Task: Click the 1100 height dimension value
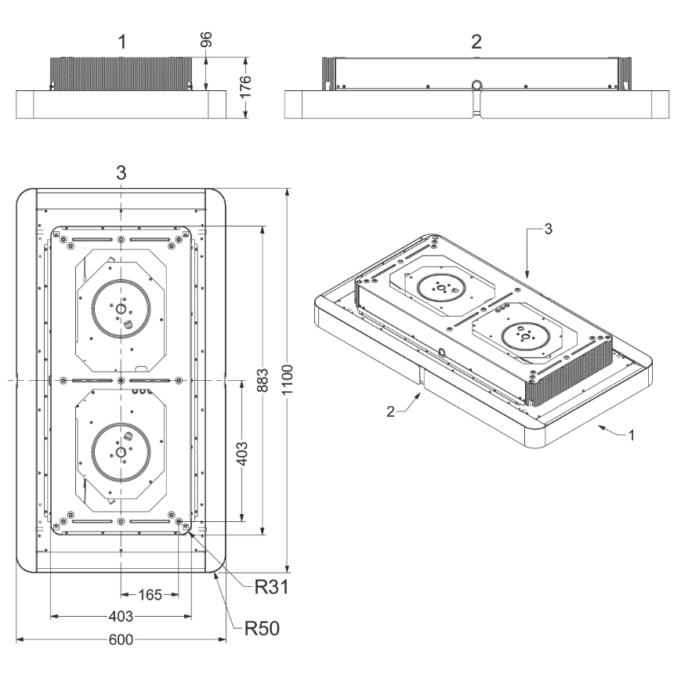click(x=288, y=380)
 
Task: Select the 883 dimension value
click(x=263, y=380)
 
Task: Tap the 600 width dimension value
click(x=121, y=639)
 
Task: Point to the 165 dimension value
click(x=150, y=595)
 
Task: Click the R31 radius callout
click(x=271, y=587)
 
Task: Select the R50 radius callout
click(x=263, y=628)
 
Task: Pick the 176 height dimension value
click(x=245, y=86)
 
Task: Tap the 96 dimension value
click(x=206, y=40)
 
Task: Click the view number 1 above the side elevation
click(x=122, y=42)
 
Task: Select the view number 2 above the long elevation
click(x=476, y=42)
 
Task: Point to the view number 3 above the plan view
click(x=121, y=172)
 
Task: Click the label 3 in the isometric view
click(x=548, y=229)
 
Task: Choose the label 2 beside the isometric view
click(x=390, y=411)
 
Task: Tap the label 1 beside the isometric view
click(x=632, y=435)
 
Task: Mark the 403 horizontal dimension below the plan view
click(x=121, y=616)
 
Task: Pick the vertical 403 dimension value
click(x=242, y=454)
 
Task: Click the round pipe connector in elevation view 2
click(x=476, y=85)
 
